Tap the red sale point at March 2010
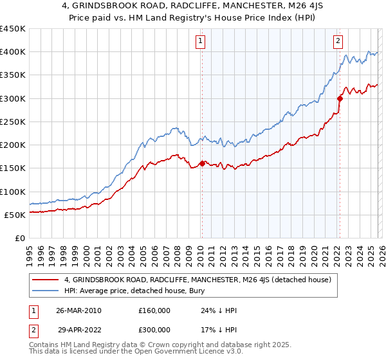pyautogui.click(x=202, y=163)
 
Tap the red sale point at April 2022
pyautogui.click(x=340, y=98)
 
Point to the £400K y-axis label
pyautogui.click(x=12, y=52)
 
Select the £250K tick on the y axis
pyautogui.click(x=12, y=122)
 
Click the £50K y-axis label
pyautogui.click(x=15, y=215)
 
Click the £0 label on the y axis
pyautogui.click(x=20, y=239)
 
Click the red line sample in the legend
pyautogui.click(x=46, y=280)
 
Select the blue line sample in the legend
pyautogui.click(x=46, y=291)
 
